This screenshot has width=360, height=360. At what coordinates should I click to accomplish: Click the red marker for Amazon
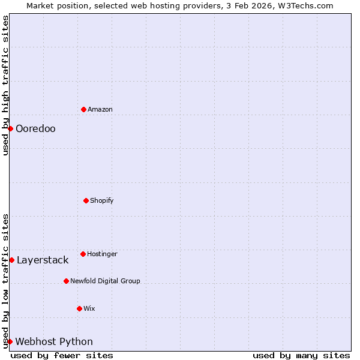83,109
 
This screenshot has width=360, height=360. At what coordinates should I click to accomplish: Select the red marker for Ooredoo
10,128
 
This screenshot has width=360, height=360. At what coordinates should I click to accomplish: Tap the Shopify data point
86,200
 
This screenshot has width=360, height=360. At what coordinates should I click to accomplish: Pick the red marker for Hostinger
83,254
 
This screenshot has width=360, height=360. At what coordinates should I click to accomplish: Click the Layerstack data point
11,260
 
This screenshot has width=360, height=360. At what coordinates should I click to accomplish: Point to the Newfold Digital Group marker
66,281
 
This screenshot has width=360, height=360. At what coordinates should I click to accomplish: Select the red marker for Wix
79,308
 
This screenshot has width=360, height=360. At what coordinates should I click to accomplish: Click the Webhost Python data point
10,341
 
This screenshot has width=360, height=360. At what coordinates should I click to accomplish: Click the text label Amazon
100,109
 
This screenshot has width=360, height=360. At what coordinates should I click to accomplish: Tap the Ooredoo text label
35,128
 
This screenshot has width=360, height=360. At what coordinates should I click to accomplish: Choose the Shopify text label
102,200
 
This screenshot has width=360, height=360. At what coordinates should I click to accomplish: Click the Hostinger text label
102,254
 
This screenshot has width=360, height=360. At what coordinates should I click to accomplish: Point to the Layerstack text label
43,260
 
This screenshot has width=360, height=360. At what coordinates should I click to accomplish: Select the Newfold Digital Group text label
105,281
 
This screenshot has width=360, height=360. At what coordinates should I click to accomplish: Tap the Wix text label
89,308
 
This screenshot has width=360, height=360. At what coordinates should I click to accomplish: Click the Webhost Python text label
54,341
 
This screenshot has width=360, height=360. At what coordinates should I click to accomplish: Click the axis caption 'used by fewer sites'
62,355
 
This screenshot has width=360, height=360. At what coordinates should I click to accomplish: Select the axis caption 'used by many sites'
301,355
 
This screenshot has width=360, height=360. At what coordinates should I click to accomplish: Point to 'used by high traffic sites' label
5,85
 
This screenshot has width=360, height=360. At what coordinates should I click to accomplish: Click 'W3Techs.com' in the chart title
308,5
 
